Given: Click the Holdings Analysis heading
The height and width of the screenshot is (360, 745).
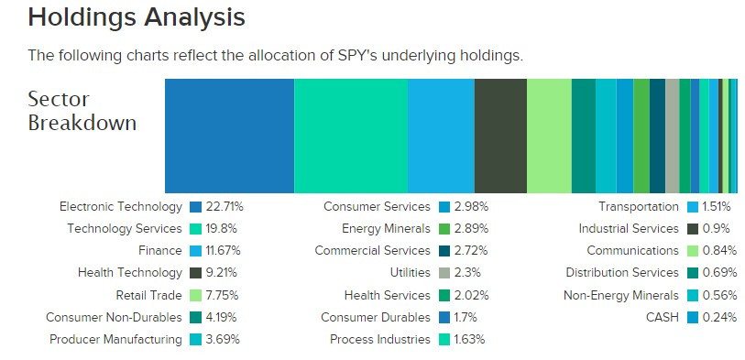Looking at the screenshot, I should tap(137, 17).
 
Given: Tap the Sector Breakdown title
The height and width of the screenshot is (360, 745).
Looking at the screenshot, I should tap(82, 111).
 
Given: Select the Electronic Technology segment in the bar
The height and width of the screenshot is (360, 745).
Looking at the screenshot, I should tap(229, 136).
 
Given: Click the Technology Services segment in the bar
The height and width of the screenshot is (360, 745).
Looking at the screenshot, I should tap(350, 136).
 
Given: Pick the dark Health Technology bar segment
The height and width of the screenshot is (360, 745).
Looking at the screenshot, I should tap(500, 136).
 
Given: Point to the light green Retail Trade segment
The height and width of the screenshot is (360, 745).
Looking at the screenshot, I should tap(549, 136).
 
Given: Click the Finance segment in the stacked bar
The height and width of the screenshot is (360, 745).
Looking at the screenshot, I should tap(441, 136).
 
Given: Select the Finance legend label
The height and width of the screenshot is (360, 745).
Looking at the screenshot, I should tap(159, 251).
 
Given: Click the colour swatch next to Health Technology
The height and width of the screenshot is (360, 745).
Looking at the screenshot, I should tap(195, 273).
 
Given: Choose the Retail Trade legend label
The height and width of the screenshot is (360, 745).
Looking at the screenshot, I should tap(148, 295).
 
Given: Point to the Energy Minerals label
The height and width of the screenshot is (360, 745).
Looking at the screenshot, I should tap(386, 229).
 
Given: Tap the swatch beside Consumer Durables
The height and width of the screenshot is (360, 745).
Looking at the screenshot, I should tap(444, 317).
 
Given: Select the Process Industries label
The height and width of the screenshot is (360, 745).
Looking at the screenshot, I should tap(380, 339).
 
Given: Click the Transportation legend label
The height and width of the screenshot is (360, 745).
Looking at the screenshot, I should tap(639, 207).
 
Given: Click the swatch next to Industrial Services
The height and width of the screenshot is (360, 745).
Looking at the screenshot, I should tap(694, 229).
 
